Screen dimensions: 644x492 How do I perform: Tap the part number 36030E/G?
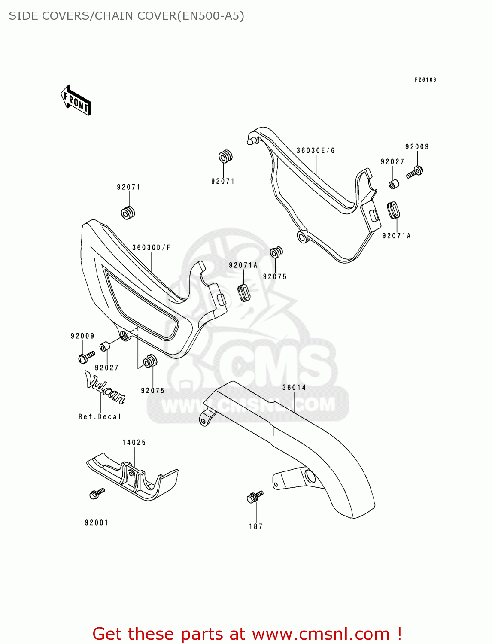pos(316,151)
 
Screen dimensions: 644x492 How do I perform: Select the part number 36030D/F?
pos(151,248)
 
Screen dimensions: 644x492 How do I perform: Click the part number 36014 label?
pos(294,388)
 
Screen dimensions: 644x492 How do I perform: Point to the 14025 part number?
pos(134,443)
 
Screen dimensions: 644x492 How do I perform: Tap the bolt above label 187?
pos(255,497)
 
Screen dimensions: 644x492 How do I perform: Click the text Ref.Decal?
pos(100,417)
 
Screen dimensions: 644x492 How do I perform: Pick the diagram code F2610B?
pos(425,80)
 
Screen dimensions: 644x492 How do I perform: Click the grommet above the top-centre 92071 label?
pos(225,157)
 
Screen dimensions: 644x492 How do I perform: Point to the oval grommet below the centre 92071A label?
pos(244,292)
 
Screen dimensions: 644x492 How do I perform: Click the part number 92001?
pos(97,523)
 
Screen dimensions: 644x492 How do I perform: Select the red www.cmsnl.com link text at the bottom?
pos(320,634)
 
